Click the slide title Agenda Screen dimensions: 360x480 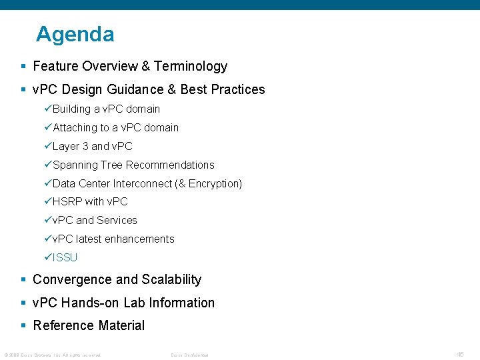point(75,34)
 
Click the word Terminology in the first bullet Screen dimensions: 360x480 point(191,66)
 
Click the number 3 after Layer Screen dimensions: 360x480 point(85,146)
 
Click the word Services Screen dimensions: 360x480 point(117,220)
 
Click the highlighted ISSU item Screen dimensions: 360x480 point(65,257)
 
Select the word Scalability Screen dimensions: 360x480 point(169,279)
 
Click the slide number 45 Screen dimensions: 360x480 point(460,355)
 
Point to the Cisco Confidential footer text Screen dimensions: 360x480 point(189,355)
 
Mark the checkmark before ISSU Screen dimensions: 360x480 point(48,257)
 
